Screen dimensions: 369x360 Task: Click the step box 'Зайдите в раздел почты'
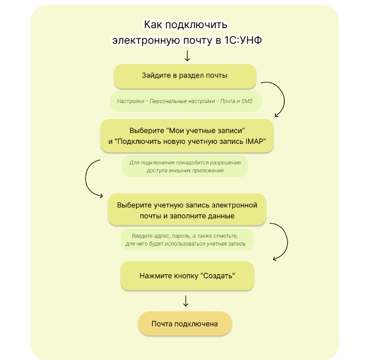(x=185, y=76)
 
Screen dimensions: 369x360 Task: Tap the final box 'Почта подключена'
(x=185, y=324)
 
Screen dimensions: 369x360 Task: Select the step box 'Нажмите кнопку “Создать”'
(x=187, y=276)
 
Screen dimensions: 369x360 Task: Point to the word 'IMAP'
(x=254, y=141)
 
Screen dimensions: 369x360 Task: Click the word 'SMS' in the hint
(x=247, y=101)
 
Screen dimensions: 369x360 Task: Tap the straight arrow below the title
(x=187, y=56)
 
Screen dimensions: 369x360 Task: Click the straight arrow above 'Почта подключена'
(x=186, y=301)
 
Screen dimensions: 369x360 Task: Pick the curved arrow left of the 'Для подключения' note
(x=86, y=179)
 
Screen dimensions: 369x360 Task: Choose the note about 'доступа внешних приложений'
(x=185, y=166)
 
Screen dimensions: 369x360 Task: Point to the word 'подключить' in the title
(x=196, y=25)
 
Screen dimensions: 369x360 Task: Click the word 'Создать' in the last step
(x=218, y=276)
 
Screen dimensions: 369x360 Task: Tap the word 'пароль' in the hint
(x=180, y=236)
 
